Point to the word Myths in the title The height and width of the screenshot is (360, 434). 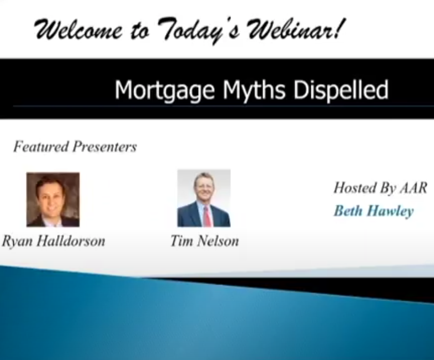click(254, 90)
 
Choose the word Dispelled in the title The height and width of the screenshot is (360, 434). click(341, 90)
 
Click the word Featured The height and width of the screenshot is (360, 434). click(41, 146)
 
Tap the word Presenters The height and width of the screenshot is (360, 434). click(105, 146)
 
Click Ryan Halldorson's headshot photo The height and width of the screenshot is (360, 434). click(53, 200)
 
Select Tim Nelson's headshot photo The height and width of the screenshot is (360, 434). click(204, 198)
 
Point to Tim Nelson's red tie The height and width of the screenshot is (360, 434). click(207, 216)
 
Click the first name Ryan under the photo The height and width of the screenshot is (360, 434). click(17, 241)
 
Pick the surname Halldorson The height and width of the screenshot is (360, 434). click(71, 241)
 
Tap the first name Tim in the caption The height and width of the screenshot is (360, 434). click(181, 241)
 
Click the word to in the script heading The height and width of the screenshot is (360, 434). click(139, 31)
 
